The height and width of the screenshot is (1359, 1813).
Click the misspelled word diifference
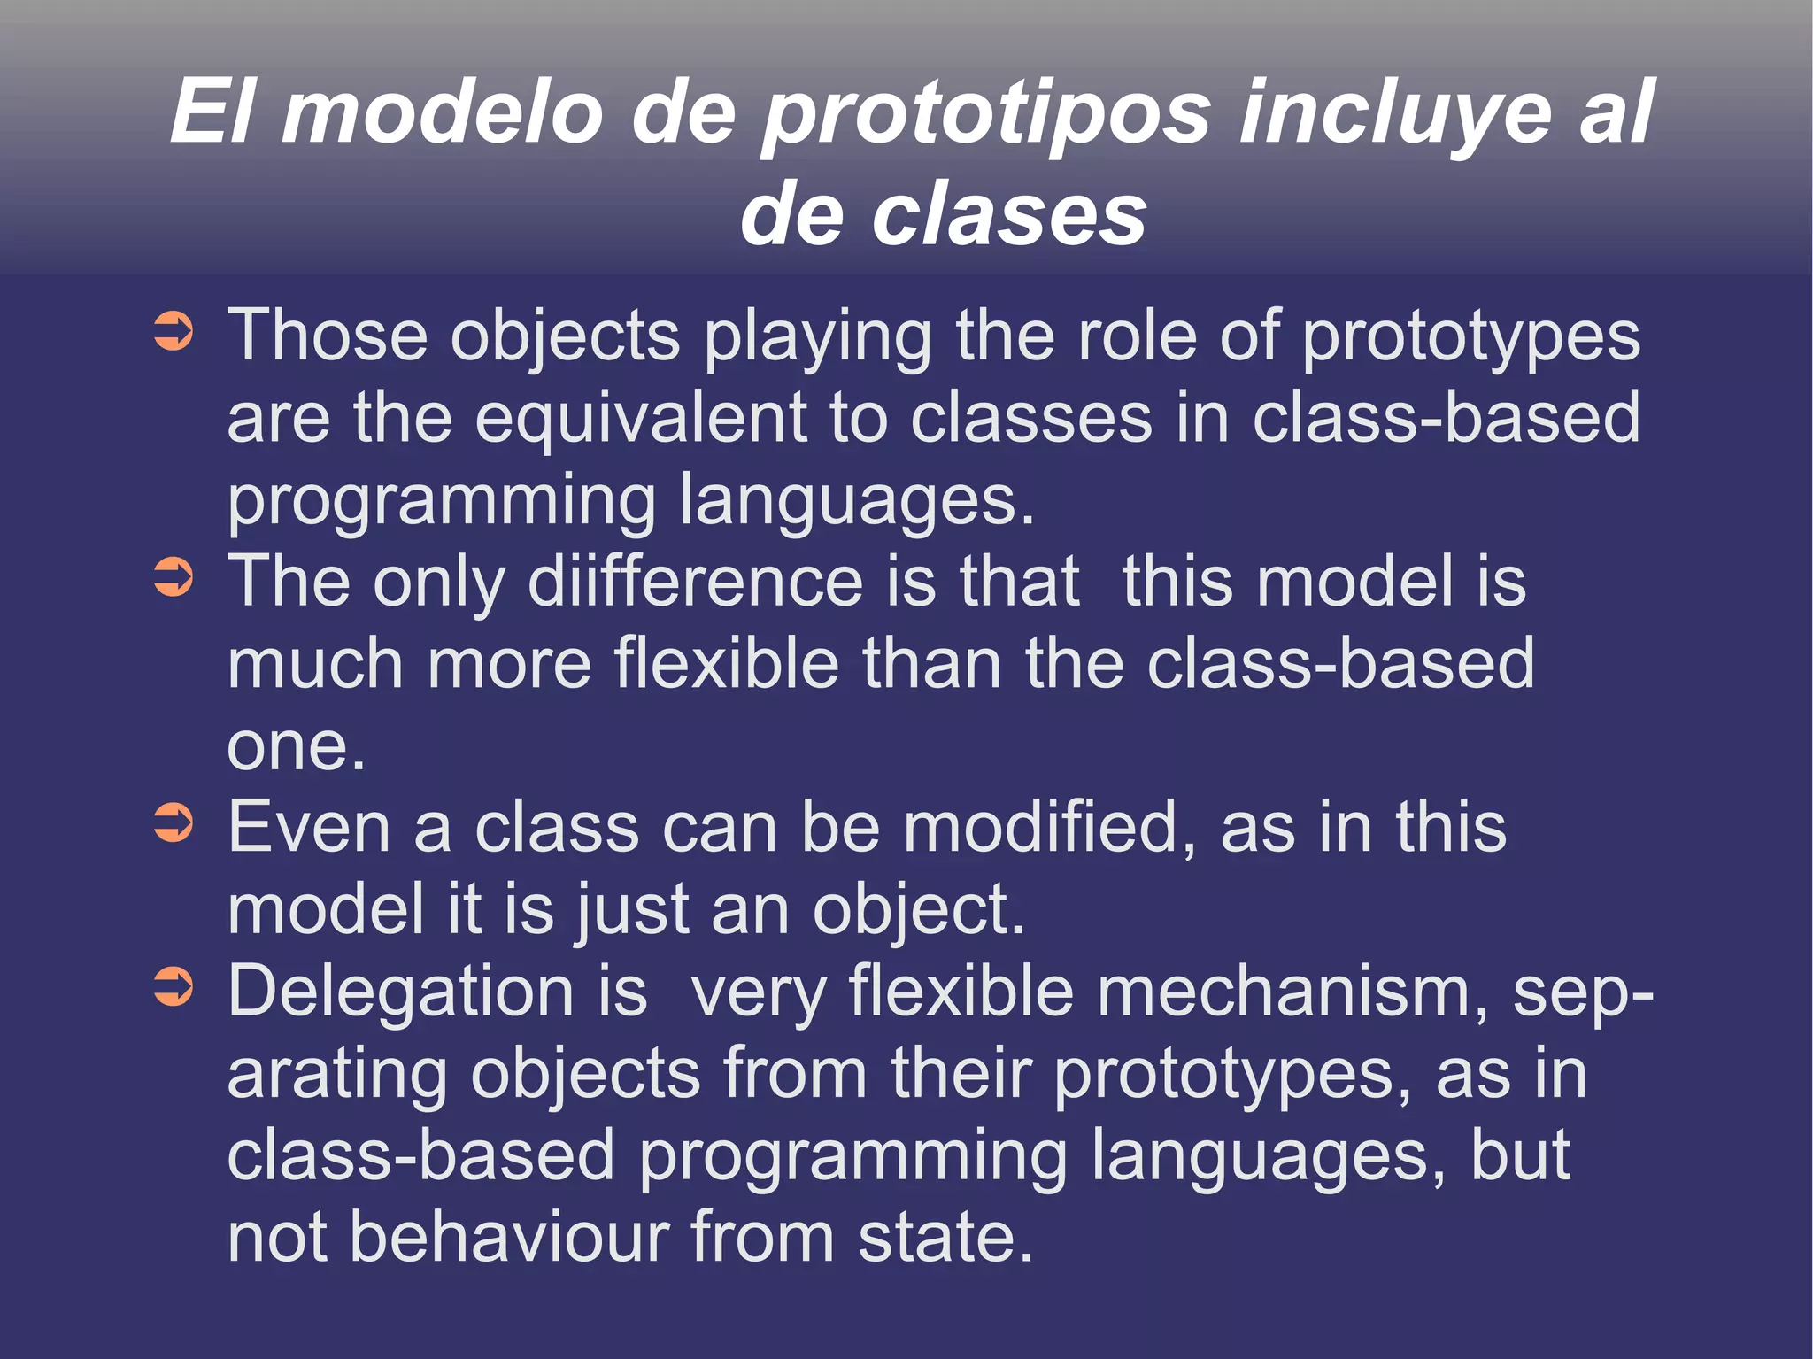(x=695, y=583)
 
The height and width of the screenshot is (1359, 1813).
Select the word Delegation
(x=400, y=993)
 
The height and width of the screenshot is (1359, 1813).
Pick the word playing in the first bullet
(x=817, y=338)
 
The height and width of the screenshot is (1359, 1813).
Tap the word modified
(x=1050, y=828)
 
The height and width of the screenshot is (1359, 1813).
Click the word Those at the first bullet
(x=328, y=336)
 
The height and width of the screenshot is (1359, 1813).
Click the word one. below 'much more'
(x=296, y=746)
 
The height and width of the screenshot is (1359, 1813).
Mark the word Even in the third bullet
(x=309, y=828)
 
